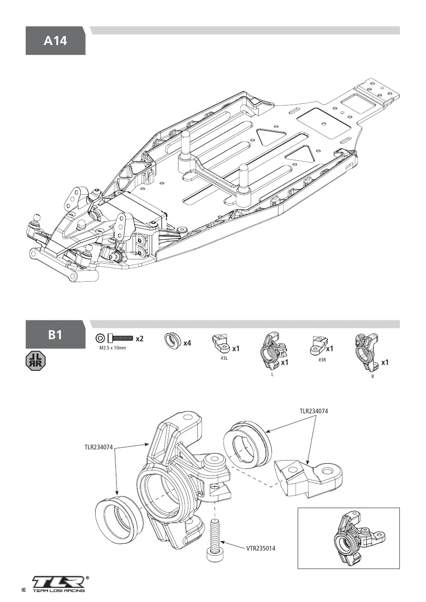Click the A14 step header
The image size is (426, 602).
[55, 41]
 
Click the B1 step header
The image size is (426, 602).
[55, 334]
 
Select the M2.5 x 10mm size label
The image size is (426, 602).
[113, 348]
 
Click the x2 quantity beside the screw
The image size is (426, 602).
[139, 339]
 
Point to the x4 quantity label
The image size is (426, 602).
[187, 343]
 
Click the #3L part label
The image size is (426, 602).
[224, 358]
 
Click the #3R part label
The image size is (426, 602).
[322, 360]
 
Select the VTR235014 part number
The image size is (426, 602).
[261, 548]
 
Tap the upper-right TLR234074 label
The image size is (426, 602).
[314, 411]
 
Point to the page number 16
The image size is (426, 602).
[24, 590]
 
